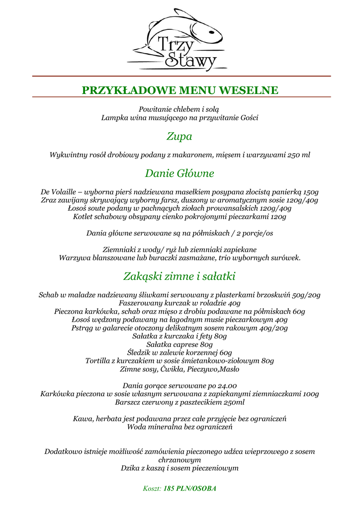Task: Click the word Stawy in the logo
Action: [191, 60]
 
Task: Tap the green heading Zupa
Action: [180, 136]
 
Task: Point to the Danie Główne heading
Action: [180, 173]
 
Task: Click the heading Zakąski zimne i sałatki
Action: [180, 276]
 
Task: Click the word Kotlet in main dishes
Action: [84, 217]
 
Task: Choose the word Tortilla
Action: [98, 360]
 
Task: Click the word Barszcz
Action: [129, 402]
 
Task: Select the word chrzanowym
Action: [180, 460]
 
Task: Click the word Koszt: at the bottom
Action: [152, 489]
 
